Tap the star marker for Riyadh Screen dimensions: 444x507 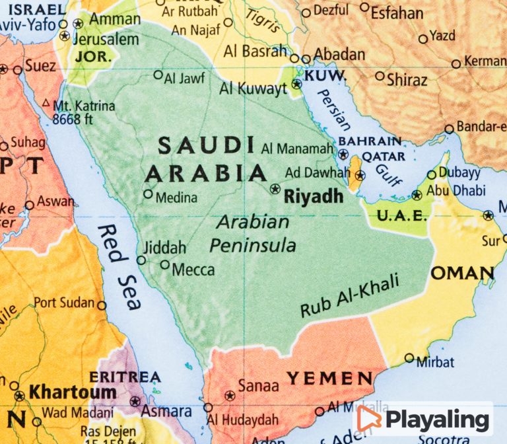pyautogui.click(x=275, y=189)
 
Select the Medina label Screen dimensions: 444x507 pyautogui.click(x=176, y=198)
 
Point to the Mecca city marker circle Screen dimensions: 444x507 pyautogui.click(x=165, y=265)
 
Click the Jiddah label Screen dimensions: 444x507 pyautogui.click(x=165, y=248)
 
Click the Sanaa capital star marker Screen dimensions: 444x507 pyautogui.click(x=230, y=396)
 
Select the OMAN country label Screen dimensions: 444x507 pyautogui.click(x=462, y=273)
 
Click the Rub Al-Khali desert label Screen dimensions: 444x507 pyautogui.click(x=350, y=295)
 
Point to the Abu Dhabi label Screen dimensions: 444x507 pyautogui.click(x=456, y=191)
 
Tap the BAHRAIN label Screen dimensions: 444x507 pyautogui.click(x=370, y=141)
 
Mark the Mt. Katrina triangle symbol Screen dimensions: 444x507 pyautogui.click(x=46, y=103)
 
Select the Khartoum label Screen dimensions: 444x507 pyautogui.click(x=63, y=392)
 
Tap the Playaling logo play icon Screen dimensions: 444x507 pyautogui.click(x=369, y=418)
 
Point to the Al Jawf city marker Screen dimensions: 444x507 pyautogui.click(x=158, y=75)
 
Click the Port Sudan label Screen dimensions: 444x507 pyautogui.click(x=64, y=303)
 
